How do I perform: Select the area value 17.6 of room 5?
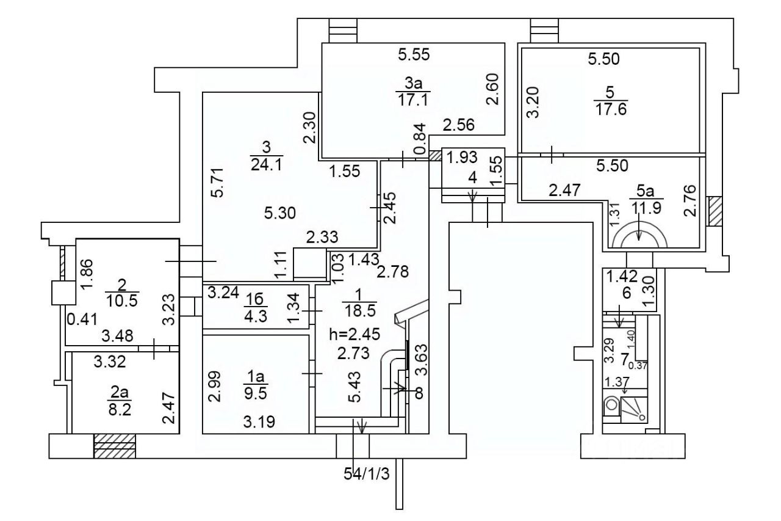click(x=611, y=109)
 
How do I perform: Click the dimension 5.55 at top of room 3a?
click(x=414, y=54)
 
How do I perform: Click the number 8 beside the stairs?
click(x=419, y=393)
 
